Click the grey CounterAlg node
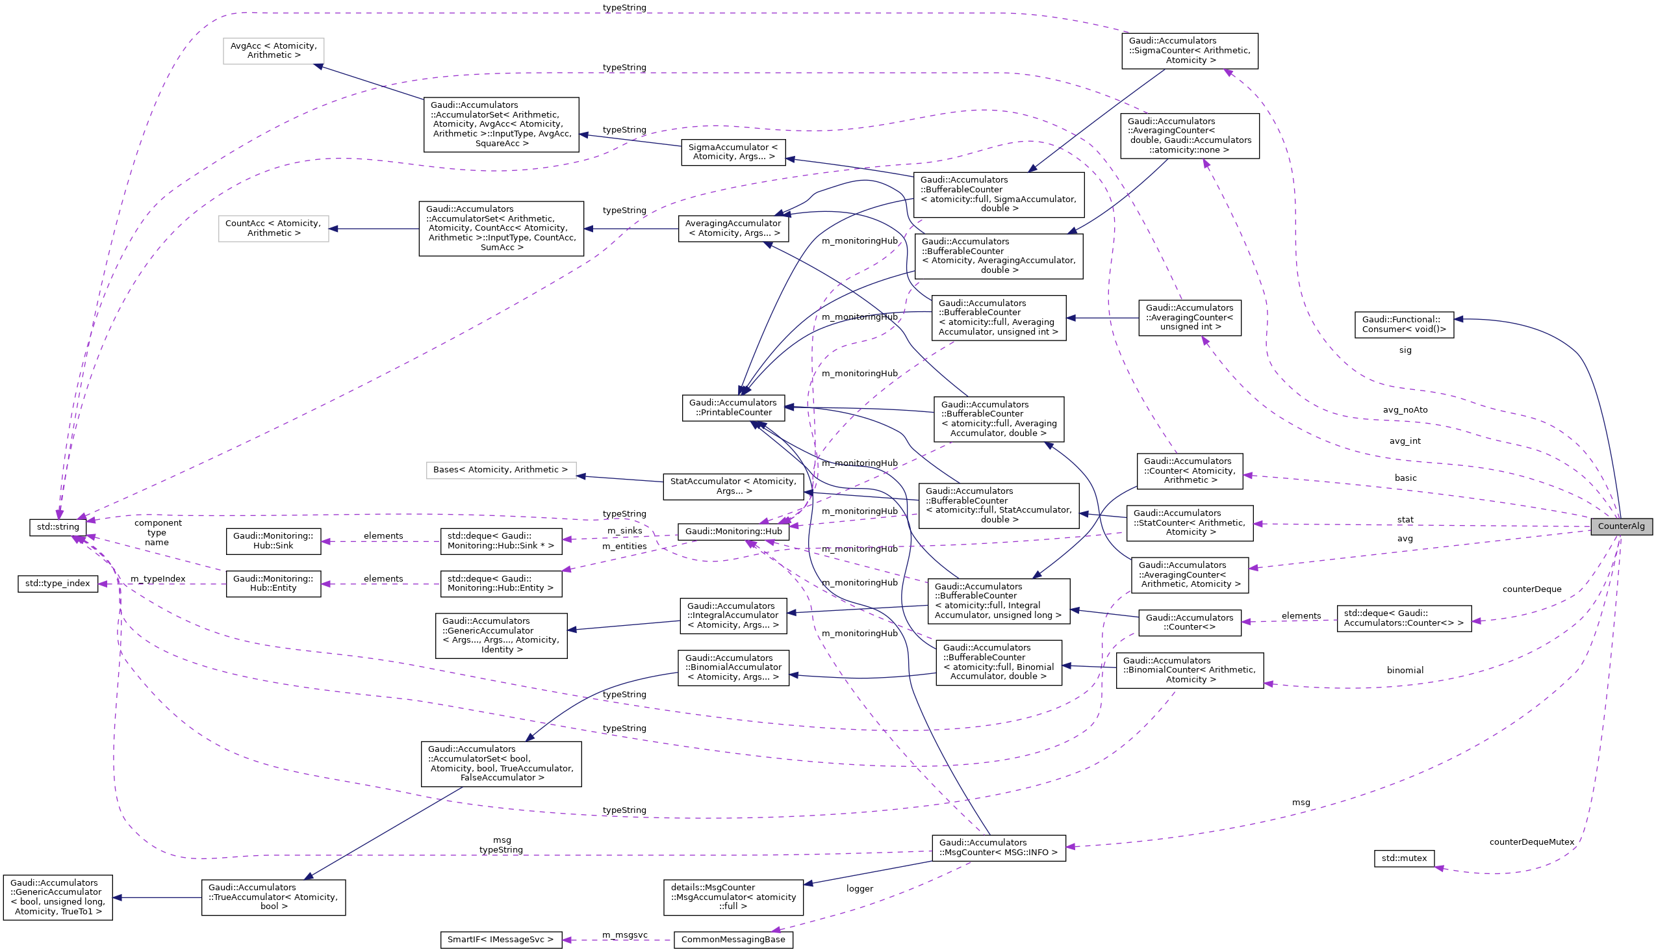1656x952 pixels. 1621,526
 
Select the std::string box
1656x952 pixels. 58,527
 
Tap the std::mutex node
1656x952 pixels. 1404,858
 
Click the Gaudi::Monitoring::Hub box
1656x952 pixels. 733,532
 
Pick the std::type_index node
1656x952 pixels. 58,584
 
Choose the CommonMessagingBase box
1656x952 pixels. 733,940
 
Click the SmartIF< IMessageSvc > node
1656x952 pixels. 501,940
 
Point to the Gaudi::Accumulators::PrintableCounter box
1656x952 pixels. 733,408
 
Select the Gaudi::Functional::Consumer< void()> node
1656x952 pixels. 1404,325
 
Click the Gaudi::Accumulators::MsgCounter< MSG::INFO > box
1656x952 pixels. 998,848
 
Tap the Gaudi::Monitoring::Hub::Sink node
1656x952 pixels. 273,541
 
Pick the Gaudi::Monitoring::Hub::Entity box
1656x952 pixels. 273,584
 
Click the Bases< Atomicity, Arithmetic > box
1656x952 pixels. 501,470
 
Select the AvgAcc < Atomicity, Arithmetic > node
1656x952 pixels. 273,51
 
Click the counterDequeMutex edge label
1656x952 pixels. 1531,842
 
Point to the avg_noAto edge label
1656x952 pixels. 1405,410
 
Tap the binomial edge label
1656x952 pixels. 1405,670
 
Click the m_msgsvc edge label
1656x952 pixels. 624,935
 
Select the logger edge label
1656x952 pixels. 860,888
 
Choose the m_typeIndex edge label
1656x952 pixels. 157,579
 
